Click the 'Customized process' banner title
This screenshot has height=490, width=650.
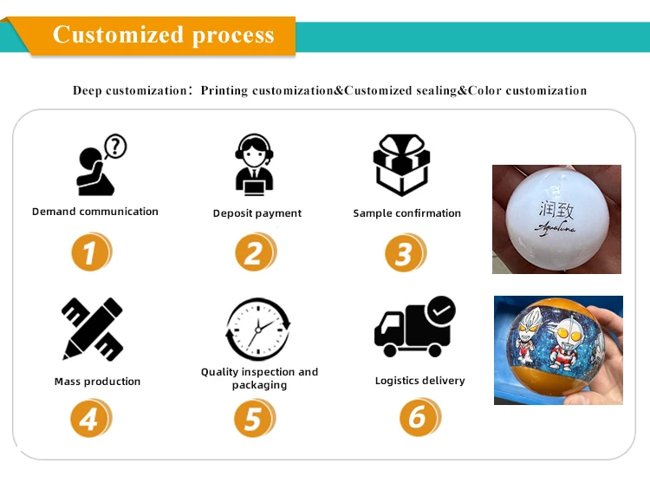[164, 35]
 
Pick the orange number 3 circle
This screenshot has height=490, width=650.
[405, 253]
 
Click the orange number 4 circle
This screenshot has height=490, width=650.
[90, 420]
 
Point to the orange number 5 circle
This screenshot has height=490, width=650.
[254, 420]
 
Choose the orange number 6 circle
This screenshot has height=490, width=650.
[419, 417]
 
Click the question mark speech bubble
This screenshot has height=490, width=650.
[114, 146]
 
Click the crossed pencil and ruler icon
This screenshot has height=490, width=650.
[92, 329]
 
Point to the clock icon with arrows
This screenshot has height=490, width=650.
[257, 329]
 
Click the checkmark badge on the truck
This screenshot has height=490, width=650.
[441, 310]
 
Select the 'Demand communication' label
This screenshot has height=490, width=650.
[95, 212]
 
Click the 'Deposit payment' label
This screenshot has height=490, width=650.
[257, 213]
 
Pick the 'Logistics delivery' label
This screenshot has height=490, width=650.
[419, 381]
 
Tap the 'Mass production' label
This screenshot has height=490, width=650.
[97, 382]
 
